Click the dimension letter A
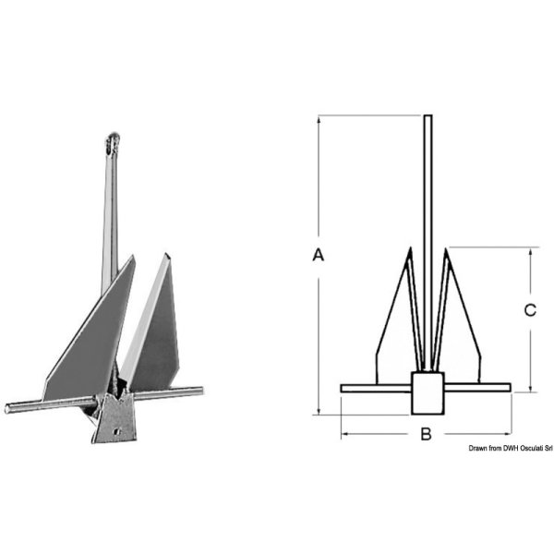tap(319, 255)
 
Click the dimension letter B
tap(426, 434)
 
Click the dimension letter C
tap(530, 310)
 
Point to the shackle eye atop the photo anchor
tap(113, 143)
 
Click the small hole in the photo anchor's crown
tap(117, 431)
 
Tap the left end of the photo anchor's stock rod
tap(7, 408)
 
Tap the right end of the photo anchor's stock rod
tap(201, 391)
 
